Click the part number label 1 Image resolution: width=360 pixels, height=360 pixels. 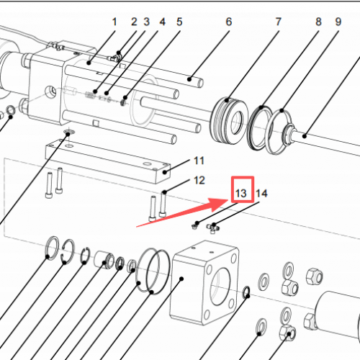pyautogui.click(x=114, y=22)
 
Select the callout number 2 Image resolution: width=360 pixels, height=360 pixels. pyautogui.click(x=133, y=22)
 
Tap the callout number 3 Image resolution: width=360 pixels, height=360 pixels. pyautogui.click(x=146, y=22)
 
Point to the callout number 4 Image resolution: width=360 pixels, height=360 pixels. pyautogui.click(x=162, y=22)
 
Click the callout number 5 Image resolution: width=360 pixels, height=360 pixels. pyautogui.click(x=179, y=22)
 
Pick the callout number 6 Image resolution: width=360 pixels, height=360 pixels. pyautogui.click(x=229, y=22)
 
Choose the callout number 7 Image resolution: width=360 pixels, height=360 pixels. pyautogui.click(x=278, y=22)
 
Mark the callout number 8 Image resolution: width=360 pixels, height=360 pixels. pyautogui.click(x=318, y=22)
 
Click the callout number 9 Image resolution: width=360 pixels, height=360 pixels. pyautogui.click(x=337, y=22)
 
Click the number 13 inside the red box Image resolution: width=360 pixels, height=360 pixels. pyautogui.click(x=241, y=193)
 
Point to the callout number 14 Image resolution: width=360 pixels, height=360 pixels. pyautogui.click(x=261, y=193)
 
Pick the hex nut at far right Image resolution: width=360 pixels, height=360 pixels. pyautogui.click(x=315, y=275)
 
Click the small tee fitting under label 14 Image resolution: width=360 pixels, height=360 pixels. pyautogui.click(x=214, y=228)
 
